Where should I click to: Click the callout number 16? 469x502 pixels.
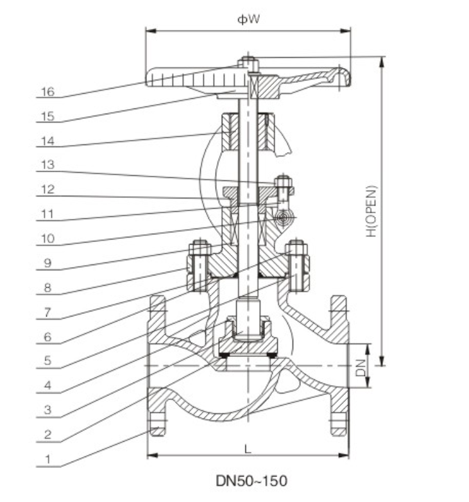(47, 92)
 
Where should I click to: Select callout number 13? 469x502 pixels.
(47, 165)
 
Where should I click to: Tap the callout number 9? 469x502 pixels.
(47, 263)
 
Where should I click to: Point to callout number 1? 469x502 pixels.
(47, 459)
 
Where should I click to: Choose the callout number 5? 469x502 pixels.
(47, 361)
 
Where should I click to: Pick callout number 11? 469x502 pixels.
(47, 214)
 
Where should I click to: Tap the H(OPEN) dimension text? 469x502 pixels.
(372, 211)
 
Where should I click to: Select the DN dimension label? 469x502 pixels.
(361, 367)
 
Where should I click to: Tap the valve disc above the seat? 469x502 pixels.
(248, 347)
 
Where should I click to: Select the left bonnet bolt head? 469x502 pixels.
(200, 247)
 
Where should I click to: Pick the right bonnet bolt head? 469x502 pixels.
(296, 247)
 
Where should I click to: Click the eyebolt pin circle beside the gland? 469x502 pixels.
(282, 219)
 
